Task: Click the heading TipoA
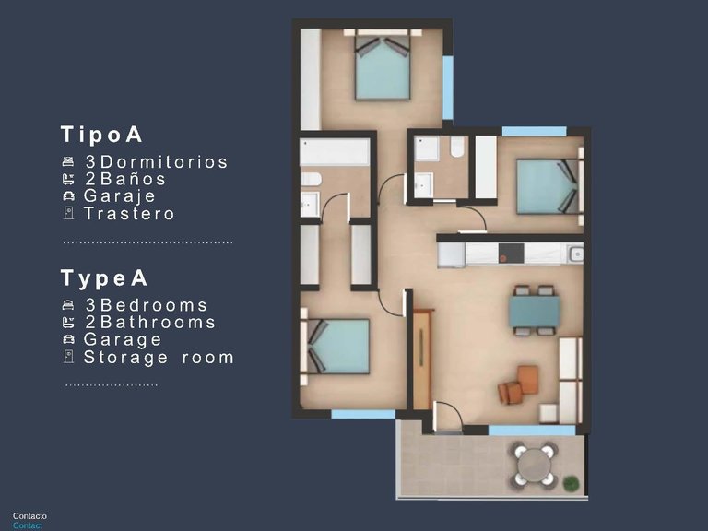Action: [102, 135]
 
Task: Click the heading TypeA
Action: [104, 278]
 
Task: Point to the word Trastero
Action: [129, 214]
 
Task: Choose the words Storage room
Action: [159, 358]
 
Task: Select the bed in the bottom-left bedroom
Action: [337, 346]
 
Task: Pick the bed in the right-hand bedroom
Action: [547, 187]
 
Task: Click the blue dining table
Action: [535, 312]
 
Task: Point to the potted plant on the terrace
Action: [572, 482]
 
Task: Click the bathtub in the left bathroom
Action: [334, 152]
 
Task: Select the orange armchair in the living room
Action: [521, 383]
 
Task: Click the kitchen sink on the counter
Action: [575, 254]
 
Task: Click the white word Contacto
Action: [29, 516]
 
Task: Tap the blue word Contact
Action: [28, 526]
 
